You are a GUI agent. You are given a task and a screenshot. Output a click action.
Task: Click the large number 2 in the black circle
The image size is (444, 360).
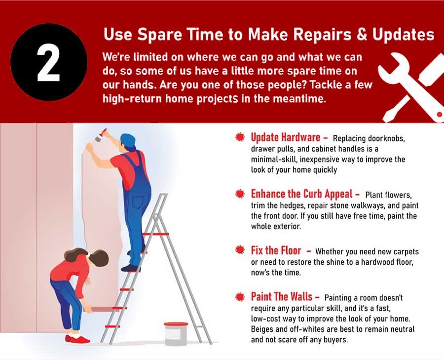click(x=49, y=63)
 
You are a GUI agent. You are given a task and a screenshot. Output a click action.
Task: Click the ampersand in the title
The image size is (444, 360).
click(x=362, y=34)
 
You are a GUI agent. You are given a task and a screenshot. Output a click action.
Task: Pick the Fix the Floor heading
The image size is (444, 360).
click(x=276, y=250)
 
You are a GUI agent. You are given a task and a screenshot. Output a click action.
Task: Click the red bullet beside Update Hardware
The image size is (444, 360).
click(x=240, y=137)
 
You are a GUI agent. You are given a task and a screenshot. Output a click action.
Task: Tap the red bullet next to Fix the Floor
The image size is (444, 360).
click(x=240, y=250)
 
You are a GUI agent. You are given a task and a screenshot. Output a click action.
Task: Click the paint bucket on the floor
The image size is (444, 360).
click(x=176, y=334)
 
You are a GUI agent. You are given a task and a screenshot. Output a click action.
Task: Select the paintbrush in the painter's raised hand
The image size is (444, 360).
click(x=101, y=135)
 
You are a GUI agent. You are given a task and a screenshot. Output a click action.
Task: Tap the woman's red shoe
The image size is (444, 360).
click(x=77, y=339)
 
